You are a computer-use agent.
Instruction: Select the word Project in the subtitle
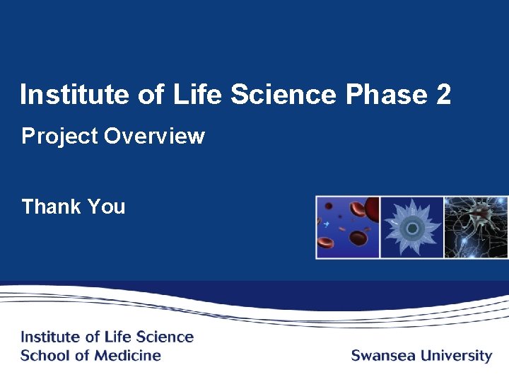(59, 136)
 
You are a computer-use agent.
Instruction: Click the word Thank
(51, 207)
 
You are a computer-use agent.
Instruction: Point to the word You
(106, 207)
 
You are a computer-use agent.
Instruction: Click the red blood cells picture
(348, 227)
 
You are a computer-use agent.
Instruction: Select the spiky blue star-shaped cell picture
(411, 227)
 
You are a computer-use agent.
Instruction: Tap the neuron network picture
(476, 227)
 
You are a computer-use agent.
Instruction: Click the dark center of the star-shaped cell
(412, 227)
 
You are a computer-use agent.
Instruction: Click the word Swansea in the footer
(382, 355)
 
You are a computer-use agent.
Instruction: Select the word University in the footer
(456, 355)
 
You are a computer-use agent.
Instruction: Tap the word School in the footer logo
(42, 355)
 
